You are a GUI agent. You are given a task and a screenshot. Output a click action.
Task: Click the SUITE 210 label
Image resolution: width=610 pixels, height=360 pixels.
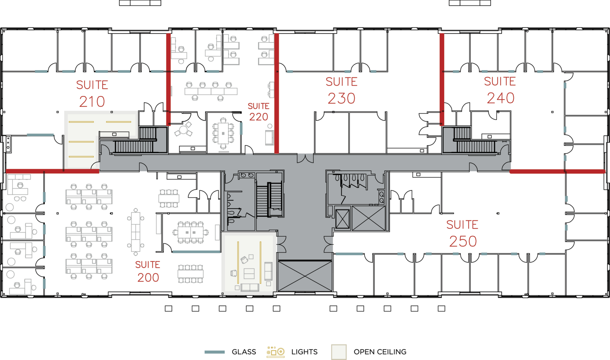pyautogui.click(x=92, y=93)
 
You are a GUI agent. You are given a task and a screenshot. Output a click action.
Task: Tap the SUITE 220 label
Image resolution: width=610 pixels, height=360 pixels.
pyautogui.click(x=259, y=112)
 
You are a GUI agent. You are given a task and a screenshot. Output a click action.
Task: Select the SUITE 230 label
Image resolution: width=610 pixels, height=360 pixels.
pyautogui.click(x=342, y=90)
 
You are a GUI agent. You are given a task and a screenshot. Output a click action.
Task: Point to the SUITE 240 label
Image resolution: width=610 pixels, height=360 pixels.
pyautogui.click(x=500, y=90)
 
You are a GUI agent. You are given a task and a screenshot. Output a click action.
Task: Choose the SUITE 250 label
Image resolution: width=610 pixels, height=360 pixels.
pyautogui.click(x=463, y=234)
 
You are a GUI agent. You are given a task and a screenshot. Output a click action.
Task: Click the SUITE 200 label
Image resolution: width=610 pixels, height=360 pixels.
pyautogui.click(x=148, y=271)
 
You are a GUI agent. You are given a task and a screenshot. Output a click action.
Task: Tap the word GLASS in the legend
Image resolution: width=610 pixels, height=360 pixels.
pyautogui.click(x=244, y=352)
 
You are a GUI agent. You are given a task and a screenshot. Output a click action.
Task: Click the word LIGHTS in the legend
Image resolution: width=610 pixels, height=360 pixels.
pyautogui.click(x=304, y=352)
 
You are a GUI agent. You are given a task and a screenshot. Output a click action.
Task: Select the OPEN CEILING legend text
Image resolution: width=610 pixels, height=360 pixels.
pyautogui.click(x=380, y=352)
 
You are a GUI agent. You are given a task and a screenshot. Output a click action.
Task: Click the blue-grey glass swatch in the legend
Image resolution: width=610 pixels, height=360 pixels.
pyautogui.click(x=215, y=352)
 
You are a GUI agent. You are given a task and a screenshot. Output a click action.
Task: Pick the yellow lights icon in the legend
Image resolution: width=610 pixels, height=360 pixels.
pyautogui.click(x=276, y=352)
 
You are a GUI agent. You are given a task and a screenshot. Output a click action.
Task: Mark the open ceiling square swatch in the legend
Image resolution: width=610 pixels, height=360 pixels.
pyautogui.click(x=339, y=352)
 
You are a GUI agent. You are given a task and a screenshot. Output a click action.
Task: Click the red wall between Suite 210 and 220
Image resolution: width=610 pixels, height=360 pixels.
pyautogui.click(x=168, y=79)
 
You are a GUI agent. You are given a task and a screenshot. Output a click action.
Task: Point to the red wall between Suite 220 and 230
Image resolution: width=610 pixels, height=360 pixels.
pyautogui.click(x=277, y=93)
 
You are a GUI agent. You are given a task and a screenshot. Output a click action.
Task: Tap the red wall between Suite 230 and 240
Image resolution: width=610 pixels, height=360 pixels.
pyautogui.click(x=442, y=79)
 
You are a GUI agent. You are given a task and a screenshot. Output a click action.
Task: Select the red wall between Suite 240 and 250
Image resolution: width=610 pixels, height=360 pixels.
pyautogui.click(x=557, y=172)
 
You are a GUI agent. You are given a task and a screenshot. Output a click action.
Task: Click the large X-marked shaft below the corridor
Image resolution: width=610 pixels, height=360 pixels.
pyautogui.click(x=305, y=276)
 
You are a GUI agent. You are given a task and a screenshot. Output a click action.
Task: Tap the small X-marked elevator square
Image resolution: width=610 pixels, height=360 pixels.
pyautogui.click(x=342, y=219)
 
